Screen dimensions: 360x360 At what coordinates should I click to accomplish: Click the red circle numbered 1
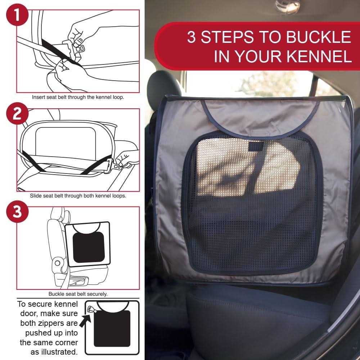click(x=17, y=14)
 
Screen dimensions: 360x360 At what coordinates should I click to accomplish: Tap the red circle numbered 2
click(x=17, y=113)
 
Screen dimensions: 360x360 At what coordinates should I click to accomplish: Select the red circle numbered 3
click(x=17, y=211)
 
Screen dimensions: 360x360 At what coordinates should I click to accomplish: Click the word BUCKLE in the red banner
click(x=319, y=37)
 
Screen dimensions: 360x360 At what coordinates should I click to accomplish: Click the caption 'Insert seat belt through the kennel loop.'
click(x=78, y=97)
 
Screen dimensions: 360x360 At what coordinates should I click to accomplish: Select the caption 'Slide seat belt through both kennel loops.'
click(x=78, y=196)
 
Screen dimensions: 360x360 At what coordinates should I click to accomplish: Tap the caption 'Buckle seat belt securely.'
click(x=78, y=294)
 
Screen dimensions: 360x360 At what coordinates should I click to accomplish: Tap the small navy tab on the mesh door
click(x=256, y=146)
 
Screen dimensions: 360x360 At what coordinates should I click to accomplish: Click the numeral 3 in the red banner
click(x=192, y=37)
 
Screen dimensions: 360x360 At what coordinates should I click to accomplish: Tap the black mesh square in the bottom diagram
click(x=112, y=329)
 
